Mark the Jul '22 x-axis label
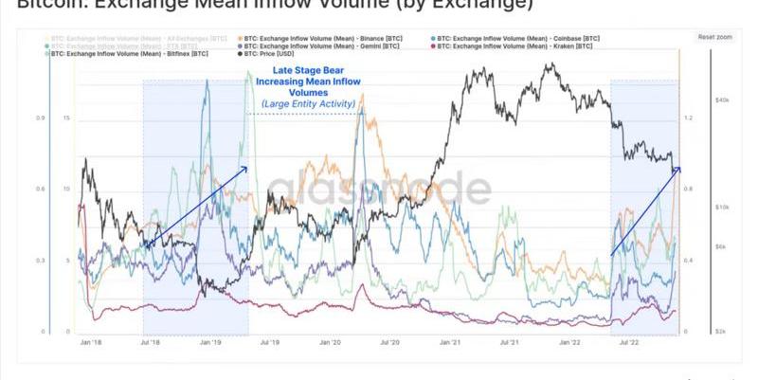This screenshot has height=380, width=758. click(628, 342)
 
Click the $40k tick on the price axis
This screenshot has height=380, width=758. click(720, 100)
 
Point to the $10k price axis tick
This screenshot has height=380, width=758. click(720, 207)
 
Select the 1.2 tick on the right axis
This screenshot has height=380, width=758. click(688, 118)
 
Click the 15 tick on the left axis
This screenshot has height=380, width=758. click(64, 118)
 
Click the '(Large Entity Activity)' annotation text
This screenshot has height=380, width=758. click(303, 103)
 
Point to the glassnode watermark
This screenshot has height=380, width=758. click(379, 190)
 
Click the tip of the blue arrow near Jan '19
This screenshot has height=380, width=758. click(247, 168)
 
